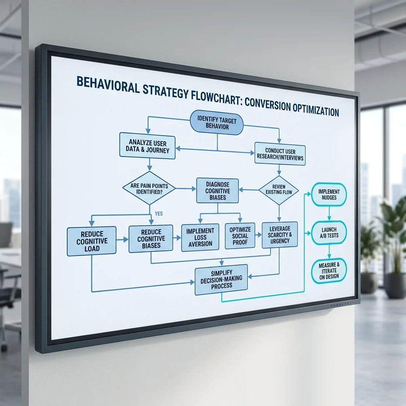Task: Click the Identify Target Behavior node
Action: [217, 123]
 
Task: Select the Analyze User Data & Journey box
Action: [147, 146]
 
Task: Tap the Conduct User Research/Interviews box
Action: [280, 154]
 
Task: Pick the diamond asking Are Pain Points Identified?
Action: [149, 188]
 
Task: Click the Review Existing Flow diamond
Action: [279, 190]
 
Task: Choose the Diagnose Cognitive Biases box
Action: [218, 191]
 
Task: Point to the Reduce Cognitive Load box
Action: [92, 241]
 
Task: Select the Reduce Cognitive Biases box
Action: [151, 238]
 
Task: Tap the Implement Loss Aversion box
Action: [200, 237]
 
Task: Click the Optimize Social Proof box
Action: [240, 236]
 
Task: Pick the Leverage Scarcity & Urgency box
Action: [280, 235]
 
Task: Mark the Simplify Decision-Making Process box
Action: [221, 280]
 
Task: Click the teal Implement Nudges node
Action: [329, 194]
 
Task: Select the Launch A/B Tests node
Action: [329, 232]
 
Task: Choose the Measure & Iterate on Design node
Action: [329, 271]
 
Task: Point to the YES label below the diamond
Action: [159, 214]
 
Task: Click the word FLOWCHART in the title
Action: [216, 97]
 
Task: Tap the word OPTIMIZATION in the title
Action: [316, 110]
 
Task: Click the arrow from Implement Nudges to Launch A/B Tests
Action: [329, 213]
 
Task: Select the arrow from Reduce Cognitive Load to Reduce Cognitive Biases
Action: [122, 240]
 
